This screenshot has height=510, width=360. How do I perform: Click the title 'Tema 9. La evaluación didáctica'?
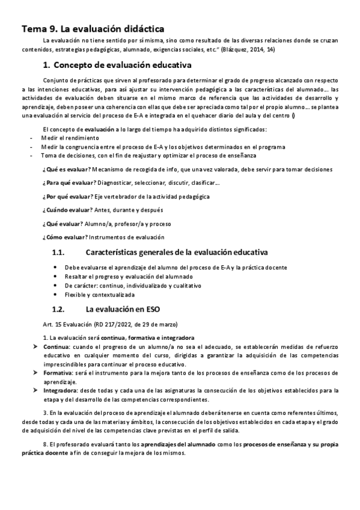(93, 28)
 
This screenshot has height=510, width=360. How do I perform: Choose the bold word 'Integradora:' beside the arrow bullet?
(61, 390)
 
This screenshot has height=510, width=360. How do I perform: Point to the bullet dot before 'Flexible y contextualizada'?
(55, 295)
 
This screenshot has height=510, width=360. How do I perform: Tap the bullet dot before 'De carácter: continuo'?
(55, 286)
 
